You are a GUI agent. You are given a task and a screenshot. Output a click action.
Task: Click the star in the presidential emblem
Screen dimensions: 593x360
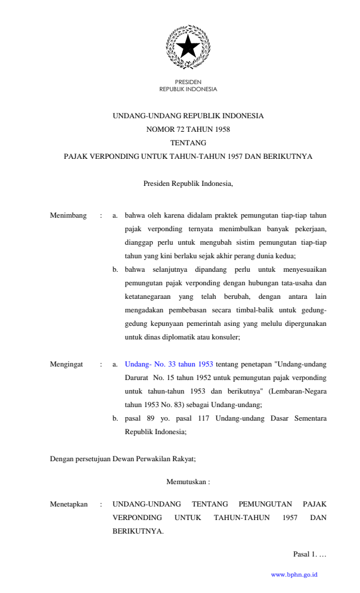click(x=188, y=46)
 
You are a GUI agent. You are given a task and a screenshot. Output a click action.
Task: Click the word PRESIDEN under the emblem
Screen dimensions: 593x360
click(x=188, y=82)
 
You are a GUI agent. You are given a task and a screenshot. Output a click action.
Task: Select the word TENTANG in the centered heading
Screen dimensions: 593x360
click(x=188, y=143)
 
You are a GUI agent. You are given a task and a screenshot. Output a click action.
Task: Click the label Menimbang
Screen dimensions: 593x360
click(x=68, y=215)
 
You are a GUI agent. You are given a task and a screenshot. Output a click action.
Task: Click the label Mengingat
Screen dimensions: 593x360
click(x=66, y=364)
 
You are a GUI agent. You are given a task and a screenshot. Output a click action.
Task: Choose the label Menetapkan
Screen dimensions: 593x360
click(x=69, y=504)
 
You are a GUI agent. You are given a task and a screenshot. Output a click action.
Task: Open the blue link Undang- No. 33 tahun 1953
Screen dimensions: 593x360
click(x=169, y=364)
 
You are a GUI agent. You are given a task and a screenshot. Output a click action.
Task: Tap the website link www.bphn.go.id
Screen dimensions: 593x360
click(x=294, y=574)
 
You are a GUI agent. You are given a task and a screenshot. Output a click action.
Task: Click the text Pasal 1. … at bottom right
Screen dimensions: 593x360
click(x=309, y=554)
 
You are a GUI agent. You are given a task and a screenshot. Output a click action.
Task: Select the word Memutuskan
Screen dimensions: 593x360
click(x=186, y=482)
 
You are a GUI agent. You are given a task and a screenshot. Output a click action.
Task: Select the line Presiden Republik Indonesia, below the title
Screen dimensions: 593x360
click(x=188, y=184)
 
